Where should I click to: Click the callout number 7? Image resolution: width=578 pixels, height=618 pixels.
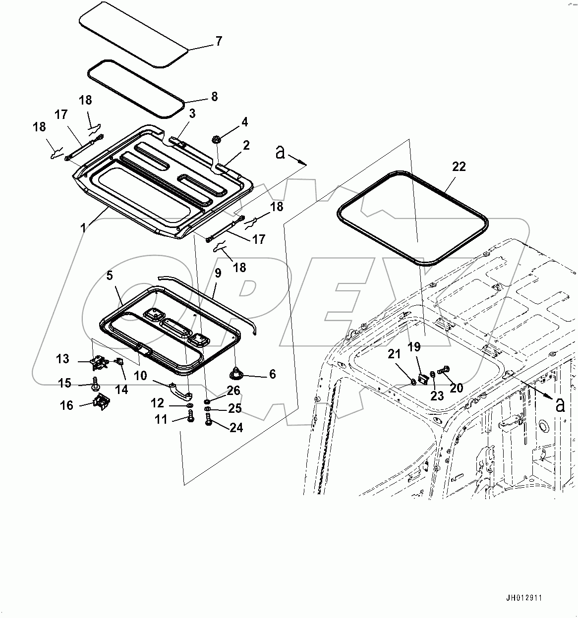(219, 41)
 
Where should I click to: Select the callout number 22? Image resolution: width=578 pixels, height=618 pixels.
(459, 167)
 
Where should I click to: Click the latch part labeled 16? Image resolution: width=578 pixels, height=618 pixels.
(102, 402)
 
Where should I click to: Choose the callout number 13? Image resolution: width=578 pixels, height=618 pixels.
(62, 358)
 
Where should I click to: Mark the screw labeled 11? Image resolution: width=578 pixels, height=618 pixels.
(190, 420)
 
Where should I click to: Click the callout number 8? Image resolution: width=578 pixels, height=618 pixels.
(214, 96)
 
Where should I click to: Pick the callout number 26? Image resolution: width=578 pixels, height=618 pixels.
(233, 391)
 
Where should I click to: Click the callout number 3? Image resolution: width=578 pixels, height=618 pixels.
(192, 113)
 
